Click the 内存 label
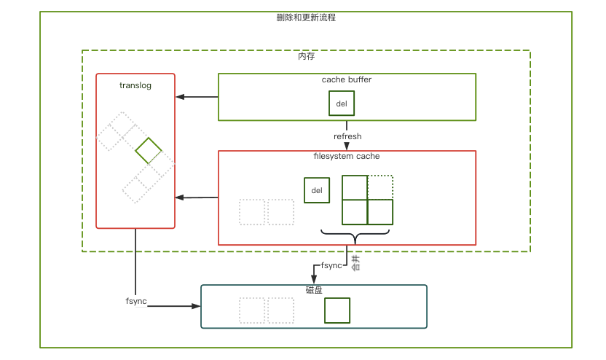(306, 56)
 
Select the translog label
(135, 85)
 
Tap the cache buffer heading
(347, 79)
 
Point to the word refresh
(347, 136)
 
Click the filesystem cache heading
(346, 156)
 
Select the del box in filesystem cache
(317, 190)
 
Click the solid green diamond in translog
(149, 150)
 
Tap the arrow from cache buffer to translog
(197, 97)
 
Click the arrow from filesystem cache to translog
(197, 197)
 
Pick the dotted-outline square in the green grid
(380, 187)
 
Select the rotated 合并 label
(355, 263)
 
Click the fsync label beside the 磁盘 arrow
(331, 265)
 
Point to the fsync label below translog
(136, 301)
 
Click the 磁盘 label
(314, 290)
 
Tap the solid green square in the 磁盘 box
(337, 310)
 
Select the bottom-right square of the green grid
(380, 212)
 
